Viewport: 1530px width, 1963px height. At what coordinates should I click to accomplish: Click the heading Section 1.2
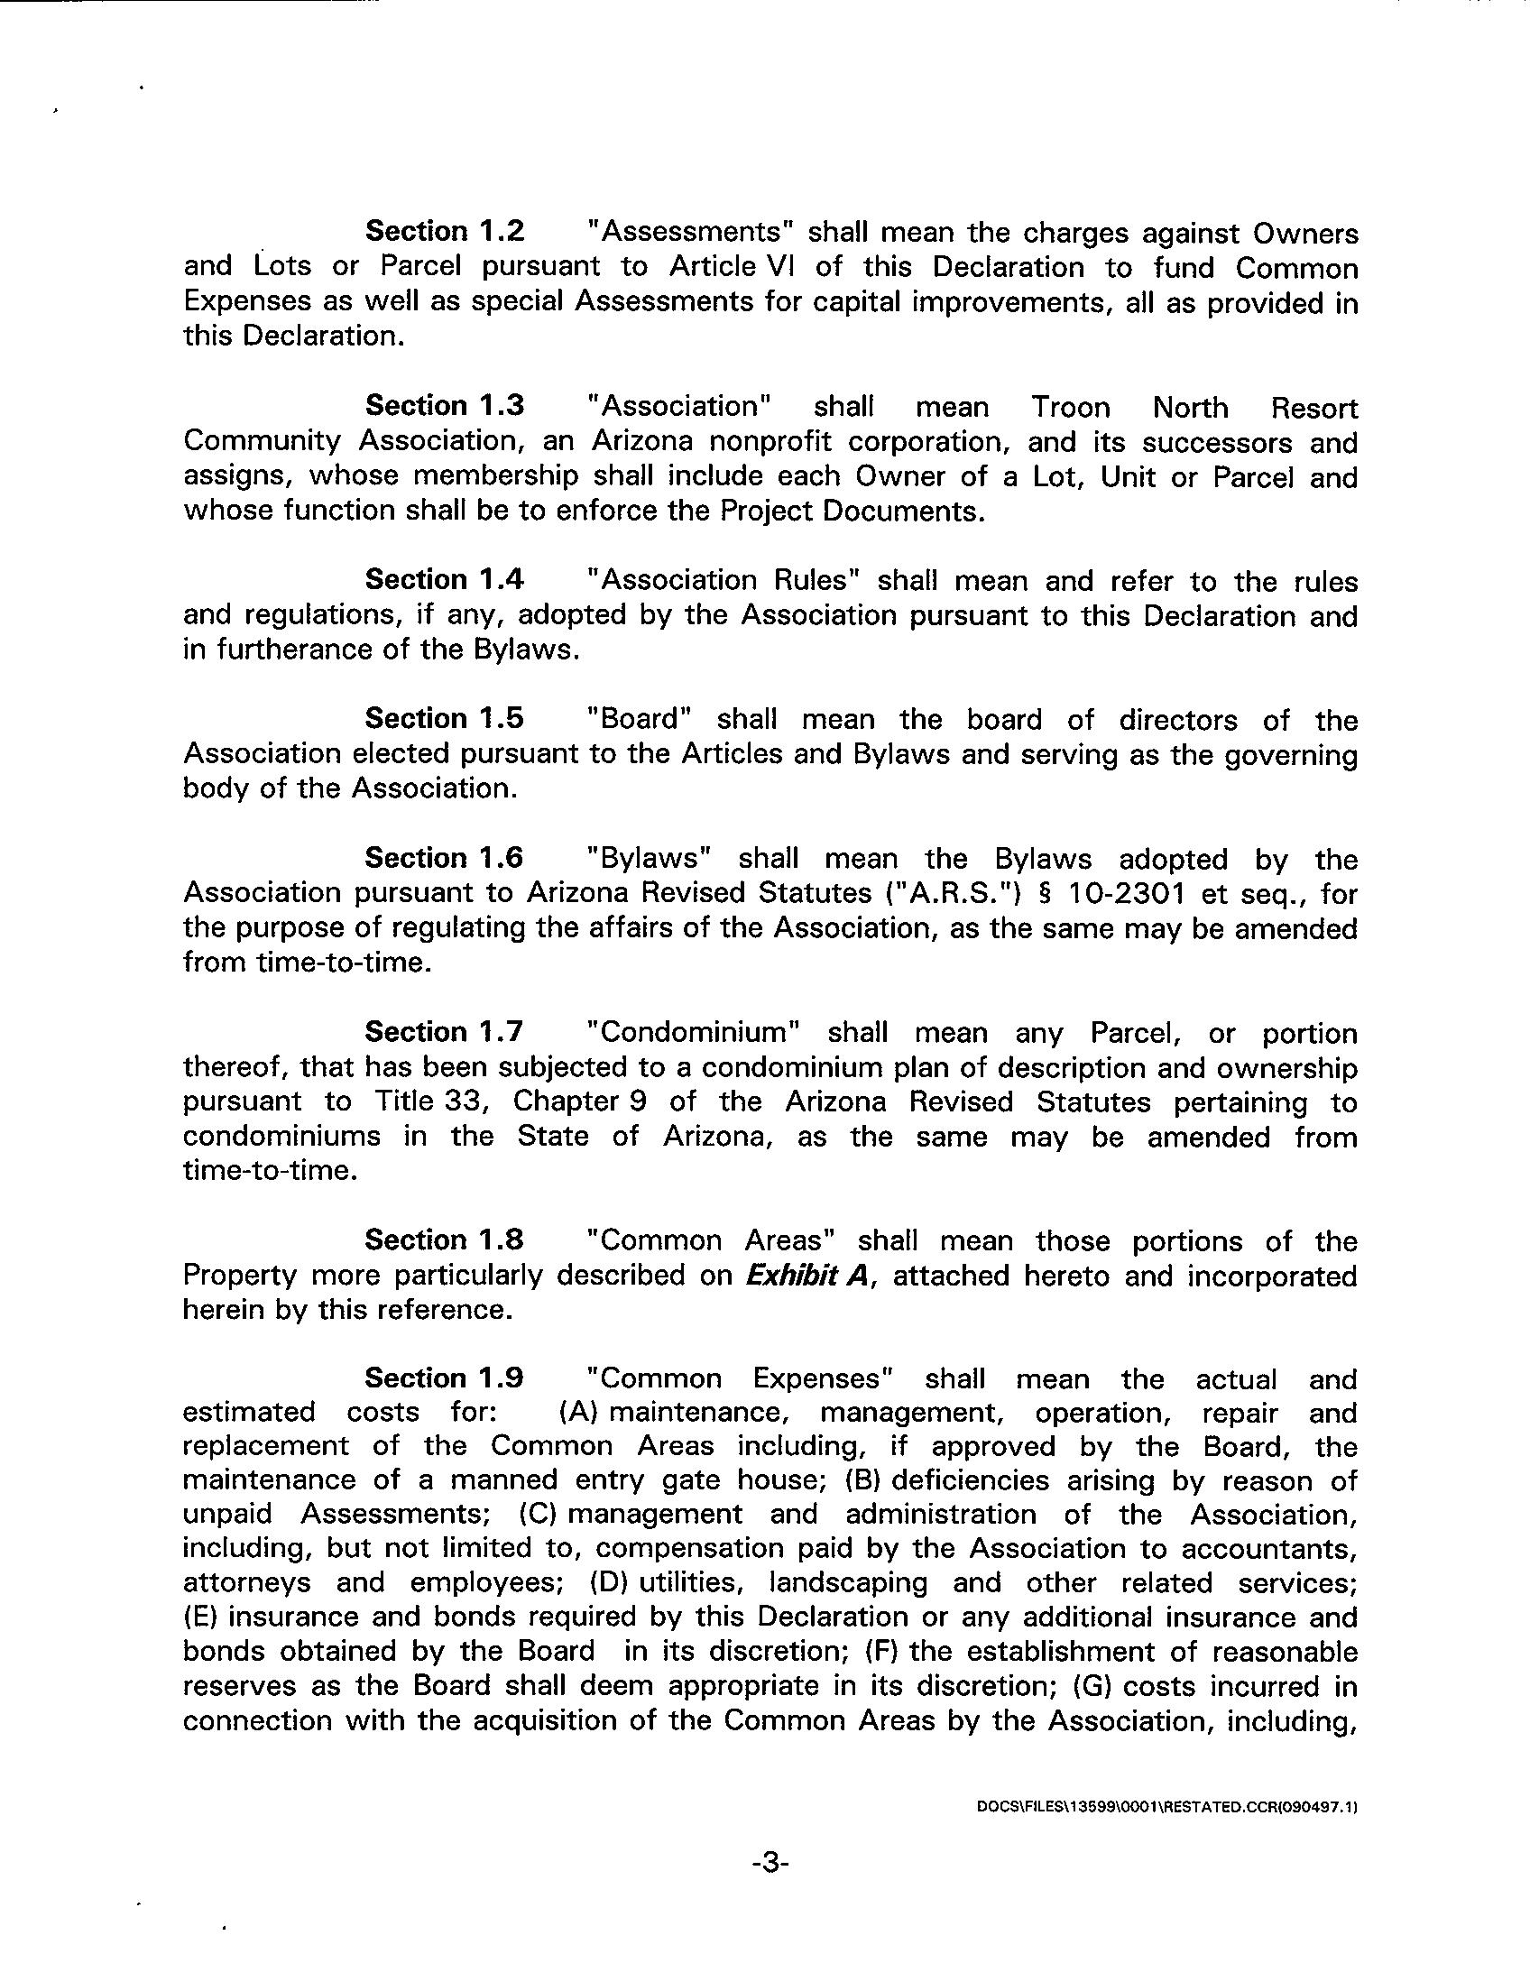(x=444, y=232)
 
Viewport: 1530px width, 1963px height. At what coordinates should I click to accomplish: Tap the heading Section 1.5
(x=444, y=719)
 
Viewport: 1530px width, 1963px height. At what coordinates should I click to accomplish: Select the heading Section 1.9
(x=444, y=1378)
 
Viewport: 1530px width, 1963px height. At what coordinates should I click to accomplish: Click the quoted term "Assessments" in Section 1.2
(x=689, y=232)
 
